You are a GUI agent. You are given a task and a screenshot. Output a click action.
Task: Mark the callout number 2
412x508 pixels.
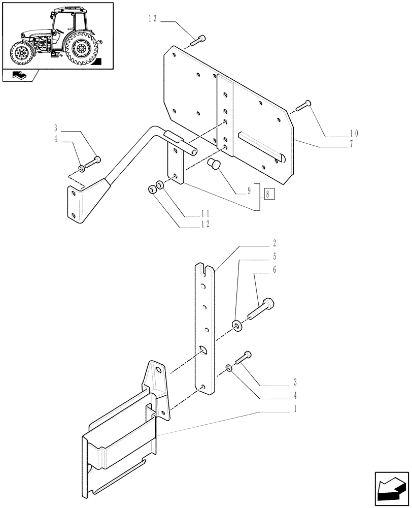click(x=274, y=243)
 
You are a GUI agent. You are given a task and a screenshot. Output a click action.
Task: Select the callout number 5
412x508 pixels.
click(x=274, y=256)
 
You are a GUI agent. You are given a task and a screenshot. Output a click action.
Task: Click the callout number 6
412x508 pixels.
click(x=274, y=270)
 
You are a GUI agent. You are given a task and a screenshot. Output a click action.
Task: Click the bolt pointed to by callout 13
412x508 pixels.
click(x=200, y=38)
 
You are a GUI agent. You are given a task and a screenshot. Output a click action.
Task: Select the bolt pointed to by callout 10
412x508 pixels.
click(x=303, y=106)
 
